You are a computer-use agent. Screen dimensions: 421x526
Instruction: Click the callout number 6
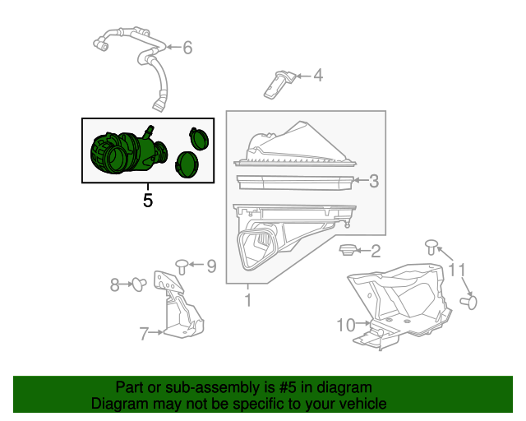187,48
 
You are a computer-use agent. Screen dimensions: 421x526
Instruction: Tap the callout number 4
317,76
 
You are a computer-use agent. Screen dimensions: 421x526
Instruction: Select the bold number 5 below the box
148,199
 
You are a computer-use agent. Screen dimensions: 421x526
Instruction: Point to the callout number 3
374,182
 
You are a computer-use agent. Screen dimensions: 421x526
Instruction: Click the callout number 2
375,252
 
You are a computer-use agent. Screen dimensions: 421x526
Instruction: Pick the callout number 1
247,301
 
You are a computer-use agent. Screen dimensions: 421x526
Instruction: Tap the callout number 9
210,266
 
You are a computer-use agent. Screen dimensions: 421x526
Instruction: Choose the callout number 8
116,285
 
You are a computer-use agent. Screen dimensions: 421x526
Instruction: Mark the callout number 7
144,333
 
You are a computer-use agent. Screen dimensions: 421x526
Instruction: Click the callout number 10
345,326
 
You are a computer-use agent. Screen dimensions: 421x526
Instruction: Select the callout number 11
456,270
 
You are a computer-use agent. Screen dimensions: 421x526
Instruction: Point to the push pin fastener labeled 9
182,265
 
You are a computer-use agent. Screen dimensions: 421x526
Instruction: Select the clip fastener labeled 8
139,285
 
